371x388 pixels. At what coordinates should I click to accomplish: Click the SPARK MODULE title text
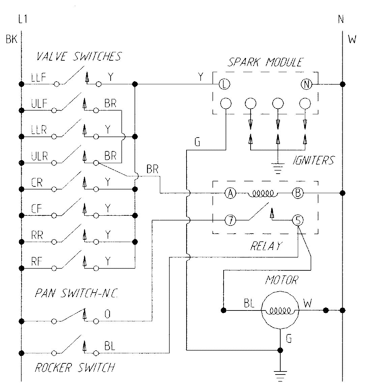(265, 63)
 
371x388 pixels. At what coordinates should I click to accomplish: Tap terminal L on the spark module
(224, 84)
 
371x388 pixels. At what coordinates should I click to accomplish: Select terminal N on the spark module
(306, 84)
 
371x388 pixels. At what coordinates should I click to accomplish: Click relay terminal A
(230, 193)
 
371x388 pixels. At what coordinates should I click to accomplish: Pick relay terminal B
(298, 193)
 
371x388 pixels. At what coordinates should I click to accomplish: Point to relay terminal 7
(230, 221)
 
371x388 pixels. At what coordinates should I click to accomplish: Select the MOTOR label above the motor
(282, 280)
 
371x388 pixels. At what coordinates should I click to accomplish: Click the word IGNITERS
(313, 160)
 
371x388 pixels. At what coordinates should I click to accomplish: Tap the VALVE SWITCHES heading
(79, 57)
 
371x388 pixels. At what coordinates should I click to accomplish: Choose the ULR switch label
(39, 156)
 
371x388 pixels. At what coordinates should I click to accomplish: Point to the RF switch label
(37, 261)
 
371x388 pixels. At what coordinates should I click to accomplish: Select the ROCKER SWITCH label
(75, 367)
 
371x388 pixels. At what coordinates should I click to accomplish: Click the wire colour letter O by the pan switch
(108, 314)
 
